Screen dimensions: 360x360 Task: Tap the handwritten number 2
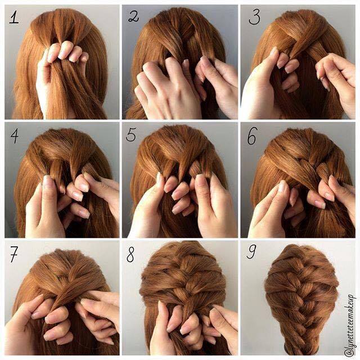pyautogui.click(x=134, y=16)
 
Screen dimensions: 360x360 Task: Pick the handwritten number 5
pyautogui.click(x=133, y=137)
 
